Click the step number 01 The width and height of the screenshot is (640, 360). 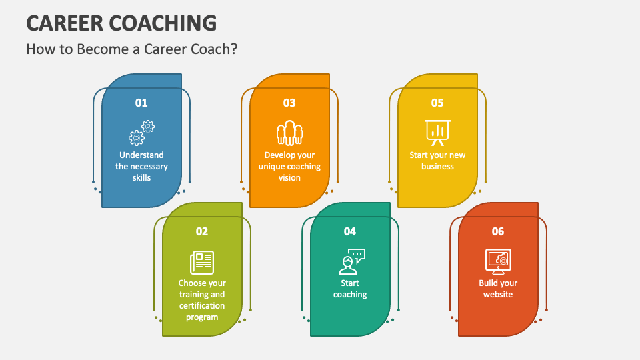[141, 103]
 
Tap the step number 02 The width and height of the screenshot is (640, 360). [202, 231]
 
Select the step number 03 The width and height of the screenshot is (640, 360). [289, 103]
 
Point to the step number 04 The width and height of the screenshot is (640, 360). [350, 231]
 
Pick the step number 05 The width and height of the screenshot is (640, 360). [437, 103]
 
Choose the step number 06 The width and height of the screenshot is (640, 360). [498, 231]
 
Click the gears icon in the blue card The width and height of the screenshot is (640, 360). [141, 133]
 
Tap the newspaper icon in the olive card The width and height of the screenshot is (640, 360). [202, 261]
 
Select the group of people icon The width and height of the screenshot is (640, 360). [289, 133]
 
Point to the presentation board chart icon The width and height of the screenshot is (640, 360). [437, 133]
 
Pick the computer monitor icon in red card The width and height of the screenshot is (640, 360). [498, 261]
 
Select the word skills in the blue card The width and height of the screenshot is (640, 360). [141, 178]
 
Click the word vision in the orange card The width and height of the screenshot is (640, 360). [289, 178]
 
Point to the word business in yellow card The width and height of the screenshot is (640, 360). [437, 167]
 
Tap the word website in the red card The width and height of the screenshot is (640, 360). [498, 294]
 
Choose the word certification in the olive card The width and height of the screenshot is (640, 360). [202, 306]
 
